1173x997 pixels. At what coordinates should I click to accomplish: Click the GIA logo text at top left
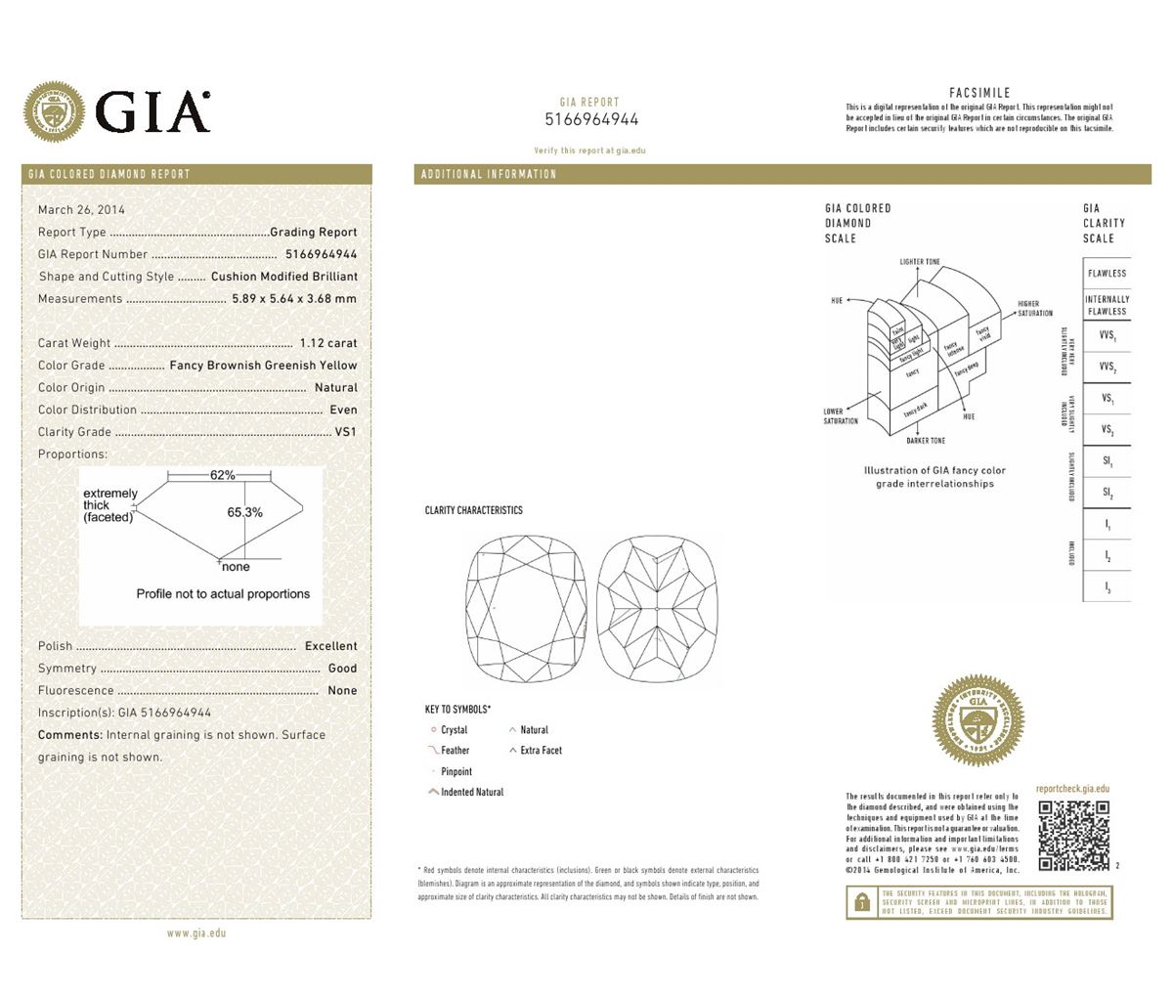tap(153, 110)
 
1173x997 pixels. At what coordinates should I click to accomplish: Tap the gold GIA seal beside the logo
tap(55, 110)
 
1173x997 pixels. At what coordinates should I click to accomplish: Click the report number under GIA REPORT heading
tap(591, 120)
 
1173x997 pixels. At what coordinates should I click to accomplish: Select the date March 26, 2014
tap(81, 209)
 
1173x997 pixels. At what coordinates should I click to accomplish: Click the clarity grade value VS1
tap(346, 432)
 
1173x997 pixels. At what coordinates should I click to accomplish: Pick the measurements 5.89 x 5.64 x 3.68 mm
tap(293, 299)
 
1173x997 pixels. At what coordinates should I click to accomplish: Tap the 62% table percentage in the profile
tap(222, 475)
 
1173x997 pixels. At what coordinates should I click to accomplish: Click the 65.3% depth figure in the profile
tap(244, 512)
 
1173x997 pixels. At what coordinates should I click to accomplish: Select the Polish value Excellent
tap(330, 646)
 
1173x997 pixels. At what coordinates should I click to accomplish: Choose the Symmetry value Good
tap(342, 669)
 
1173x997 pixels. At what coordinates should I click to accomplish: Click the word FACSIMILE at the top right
tap(979, 93)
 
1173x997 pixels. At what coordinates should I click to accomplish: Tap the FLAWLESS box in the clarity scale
tap(1107, 274)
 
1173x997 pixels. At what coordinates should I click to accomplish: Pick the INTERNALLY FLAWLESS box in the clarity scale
tap(1107, 305)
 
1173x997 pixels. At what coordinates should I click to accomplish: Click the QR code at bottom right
tap(1073, 836)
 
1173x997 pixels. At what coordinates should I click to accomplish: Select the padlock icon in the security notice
tap(861, 902)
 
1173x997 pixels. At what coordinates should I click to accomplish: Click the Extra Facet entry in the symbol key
tap(541, 751)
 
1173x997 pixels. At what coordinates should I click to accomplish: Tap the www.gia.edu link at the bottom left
tap(196, 933)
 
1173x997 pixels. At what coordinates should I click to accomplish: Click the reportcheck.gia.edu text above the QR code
tap(1072, 789)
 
